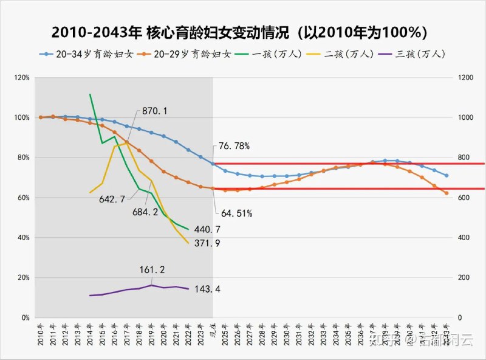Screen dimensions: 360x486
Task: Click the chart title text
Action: tap(242, 32)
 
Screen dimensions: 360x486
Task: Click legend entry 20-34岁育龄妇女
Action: tap(89, 54)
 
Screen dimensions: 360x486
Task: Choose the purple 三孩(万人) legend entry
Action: tap(420, 54)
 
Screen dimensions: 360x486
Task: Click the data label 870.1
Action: tap(155, 111)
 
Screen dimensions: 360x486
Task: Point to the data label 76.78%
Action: tap(234, 147)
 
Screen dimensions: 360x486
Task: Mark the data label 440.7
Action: tap(207, 230)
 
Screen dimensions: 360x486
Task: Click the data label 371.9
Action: tap(207, 243)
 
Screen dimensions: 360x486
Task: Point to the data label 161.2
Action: tap(152, 270)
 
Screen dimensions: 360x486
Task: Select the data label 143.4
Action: tap(207, 289)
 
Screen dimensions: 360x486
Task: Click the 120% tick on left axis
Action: tap(22, 78)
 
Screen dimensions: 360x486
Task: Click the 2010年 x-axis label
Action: tap(41, 334)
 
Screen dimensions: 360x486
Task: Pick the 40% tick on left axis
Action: tap(23, 238)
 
